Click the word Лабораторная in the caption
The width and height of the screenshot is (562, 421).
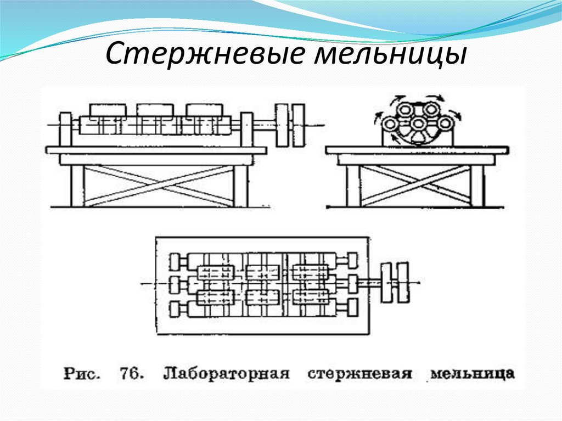pyautogui.click(x=226, y=374)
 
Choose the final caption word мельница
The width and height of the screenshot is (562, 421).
pyautogui.click(x=473, y=374)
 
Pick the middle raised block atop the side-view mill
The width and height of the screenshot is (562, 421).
pyautogui.click(x=155, y=110)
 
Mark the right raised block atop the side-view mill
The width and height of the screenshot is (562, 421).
pyautogui.click(x=204, y=110)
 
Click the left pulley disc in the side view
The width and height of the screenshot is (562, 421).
pyautogui.click(x=282, y=126)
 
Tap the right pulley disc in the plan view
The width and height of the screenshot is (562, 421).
pyautogui.click(x=403, y=283)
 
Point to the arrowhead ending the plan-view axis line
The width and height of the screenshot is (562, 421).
pyautogui.click(x=418, y=283)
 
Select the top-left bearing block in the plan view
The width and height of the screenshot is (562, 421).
pyautogui.click(x=176, y=259)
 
